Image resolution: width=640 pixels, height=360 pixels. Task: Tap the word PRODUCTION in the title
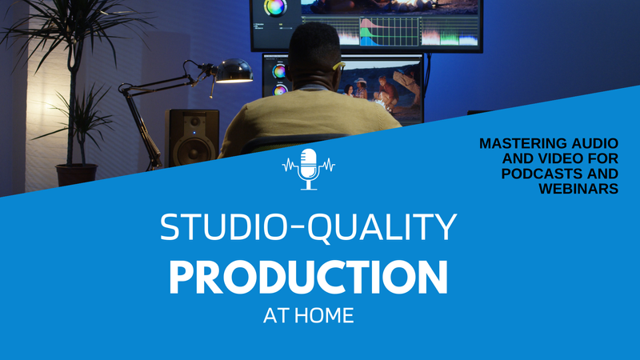[x=308, y=276]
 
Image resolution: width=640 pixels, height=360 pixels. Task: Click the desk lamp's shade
[x=234, y=70]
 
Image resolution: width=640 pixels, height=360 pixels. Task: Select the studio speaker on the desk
[x=192, y=137]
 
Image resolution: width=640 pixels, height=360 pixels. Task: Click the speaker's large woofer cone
[x=192, y=148]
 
